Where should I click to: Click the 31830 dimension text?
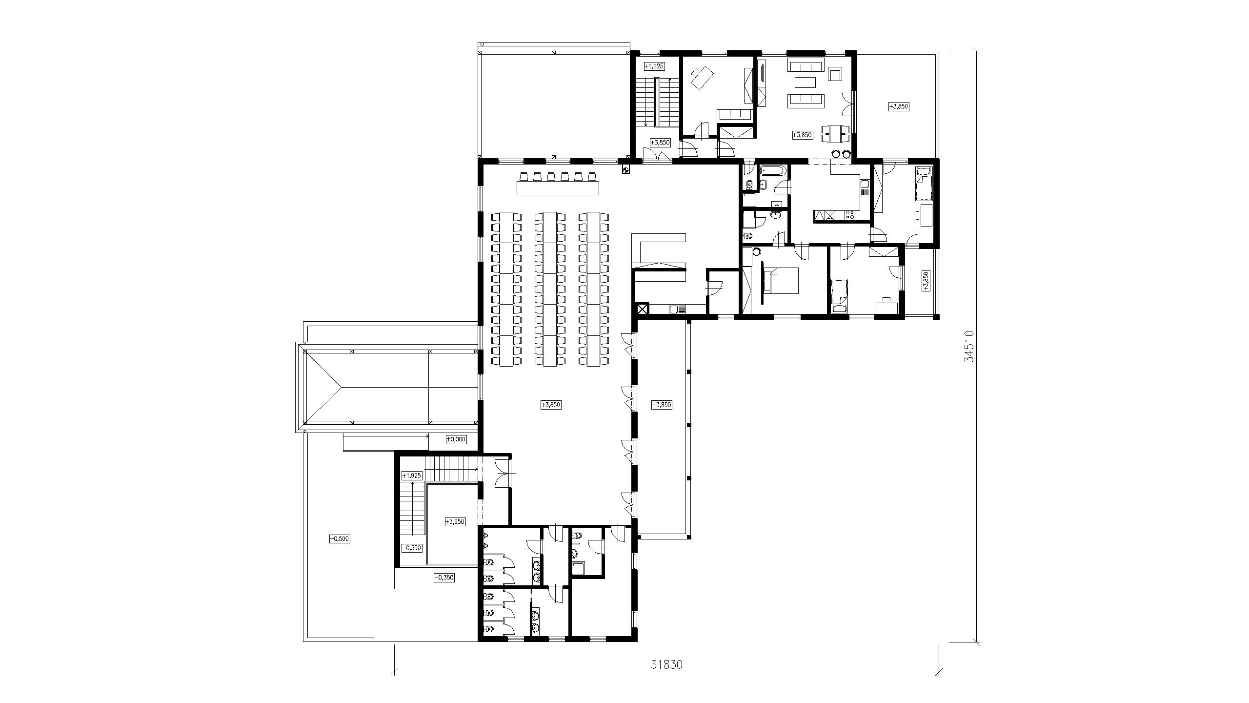[x=666, y=664]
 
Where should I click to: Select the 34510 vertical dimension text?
[x=969, y=346]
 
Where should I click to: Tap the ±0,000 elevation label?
[x=456, y=439]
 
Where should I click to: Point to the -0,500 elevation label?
[x=340, y=539]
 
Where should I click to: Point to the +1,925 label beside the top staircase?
[x=654, y=66]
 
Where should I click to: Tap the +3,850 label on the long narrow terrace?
[x=662, y=405]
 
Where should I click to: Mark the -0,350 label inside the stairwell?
[x=411, y=548]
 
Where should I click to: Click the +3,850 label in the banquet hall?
[x=551, y=405]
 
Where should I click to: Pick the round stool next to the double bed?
[x=757, y=252]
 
